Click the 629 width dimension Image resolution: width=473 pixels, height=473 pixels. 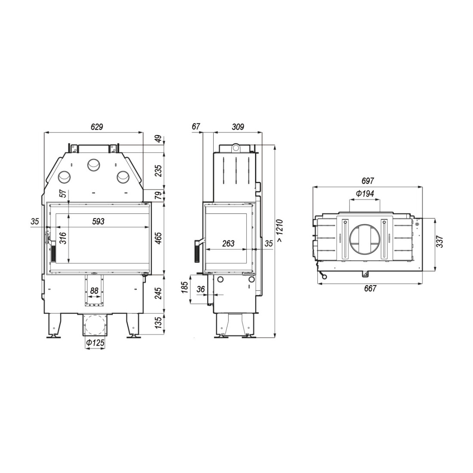pyautogui.click(x=97, y=127)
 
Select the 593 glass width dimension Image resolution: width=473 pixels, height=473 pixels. pyautogui.click(x=98, y=221)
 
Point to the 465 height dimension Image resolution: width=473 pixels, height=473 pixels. pyautogui.click(x=159, y=238)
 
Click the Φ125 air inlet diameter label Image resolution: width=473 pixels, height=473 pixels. pyautogui.click(x=95, y=343)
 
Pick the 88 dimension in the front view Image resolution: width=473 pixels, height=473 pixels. pyautogui.click(x=95, y=291)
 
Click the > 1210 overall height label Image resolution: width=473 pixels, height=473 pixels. pyautogui.click(x=280, y=231)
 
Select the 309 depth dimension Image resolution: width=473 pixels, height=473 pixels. pyautogui.click(x=238, y=127)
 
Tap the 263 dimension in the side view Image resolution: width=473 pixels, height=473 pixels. pyautogui.click(x=228, y=243)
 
